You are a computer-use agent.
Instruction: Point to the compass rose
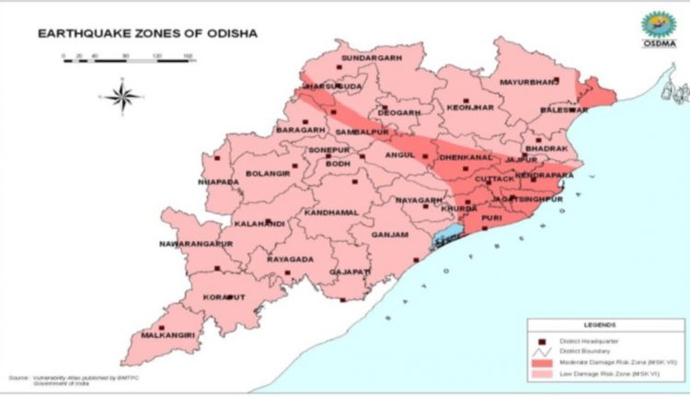pos(122,94)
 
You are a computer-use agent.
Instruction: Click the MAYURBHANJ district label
pos(528,82)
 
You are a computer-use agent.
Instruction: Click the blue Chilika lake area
pos(445,242)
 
